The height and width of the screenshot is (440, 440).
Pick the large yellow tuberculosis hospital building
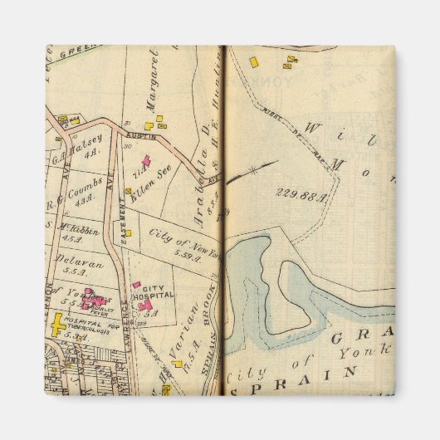pos(60,325)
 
